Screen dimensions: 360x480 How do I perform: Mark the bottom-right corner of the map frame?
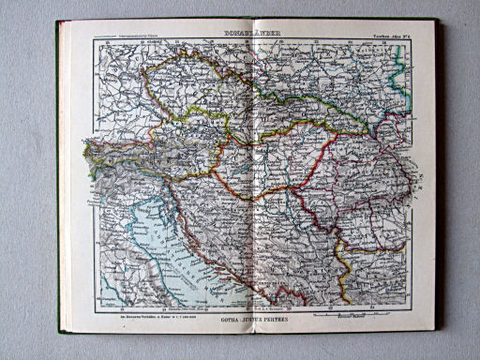[412, 308]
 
